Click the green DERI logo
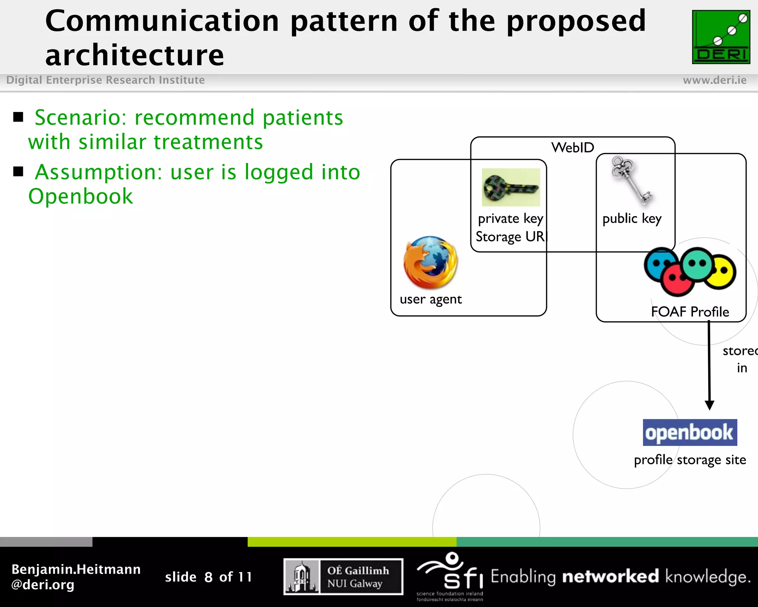coord(721,37)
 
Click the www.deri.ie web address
coord(714,80)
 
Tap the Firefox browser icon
coord(430,263)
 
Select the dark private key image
coord(511,188)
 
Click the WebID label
coord(573,147)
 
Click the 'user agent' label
coord(430,299)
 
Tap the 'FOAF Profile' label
coord(690,312)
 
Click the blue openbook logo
coord(690,432)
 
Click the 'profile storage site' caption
coord(690,460)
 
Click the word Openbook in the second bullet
coord(81,196)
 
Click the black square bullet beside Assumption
coord(18,172)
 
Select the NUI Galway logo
coord(343,577)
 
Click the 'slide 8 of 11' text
coord(208,577)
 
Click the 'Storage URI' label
coord(510,237)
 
